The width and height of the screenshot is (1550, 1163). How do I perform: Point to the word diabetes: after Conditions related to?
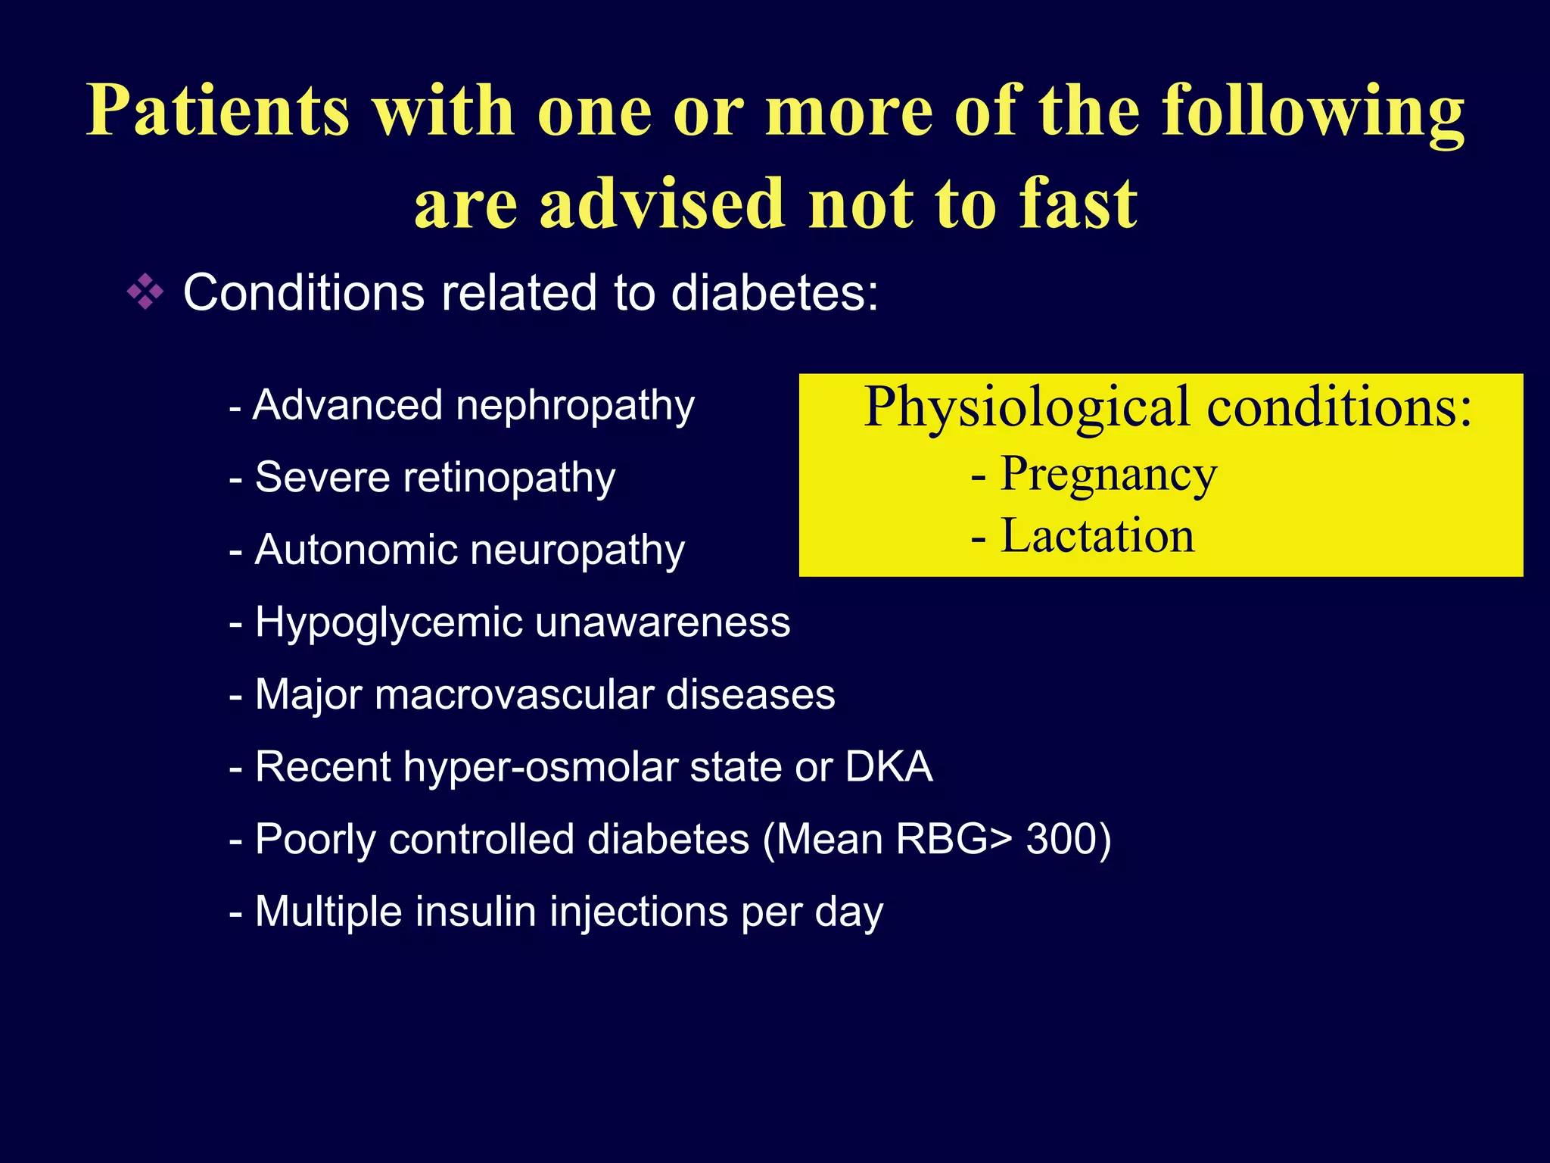(775, 292)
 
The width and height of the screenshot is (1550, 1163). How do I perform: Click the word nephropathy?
(575, 406)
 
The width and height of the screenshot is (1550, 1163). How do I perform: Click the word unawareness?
(663, 622)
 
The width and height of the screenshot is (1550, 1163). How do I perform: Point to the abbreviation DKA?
(889, 766)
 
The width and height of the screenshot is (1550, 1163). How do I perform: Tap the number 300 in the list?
(1062, 839)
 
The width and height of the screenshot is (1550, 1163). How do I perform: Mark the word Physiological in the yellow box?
(1028, 407)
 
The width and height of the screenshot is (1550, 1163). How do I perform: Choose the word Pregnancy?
(1109, 475)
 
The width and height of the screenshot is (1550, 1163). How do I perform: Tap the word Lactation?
(1097, 536)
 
